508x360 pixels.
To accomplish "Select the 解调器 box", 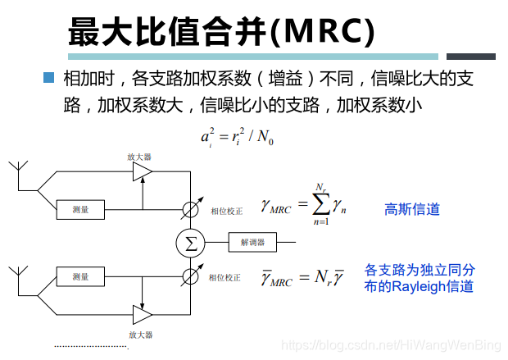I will click(252, 242).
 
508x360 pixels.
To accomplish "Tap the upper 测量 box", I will click(80, 209).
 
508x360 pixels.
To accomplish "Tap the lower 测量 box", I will click(80, 276).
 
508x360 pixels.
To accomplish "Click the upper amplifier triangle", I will click(143, 171).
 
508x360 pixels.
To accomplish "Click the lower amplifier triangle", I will click(143, 315).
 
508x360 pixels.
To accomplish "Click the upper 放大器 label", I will click(139, 155).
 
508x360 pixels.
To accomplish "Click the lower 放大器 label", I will click(140, 335).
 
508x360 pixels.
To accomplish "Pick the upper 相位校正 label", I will click(225, 211).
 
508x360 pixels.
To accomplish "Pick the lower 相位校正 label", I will click(225, 277).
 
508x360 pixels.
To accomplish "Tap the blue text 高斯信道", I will click(412, 209).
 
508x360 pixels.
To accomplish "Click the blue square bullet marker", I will click(48, 78).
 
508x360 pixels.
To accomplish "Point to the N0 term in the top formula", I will click(265, 137).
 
